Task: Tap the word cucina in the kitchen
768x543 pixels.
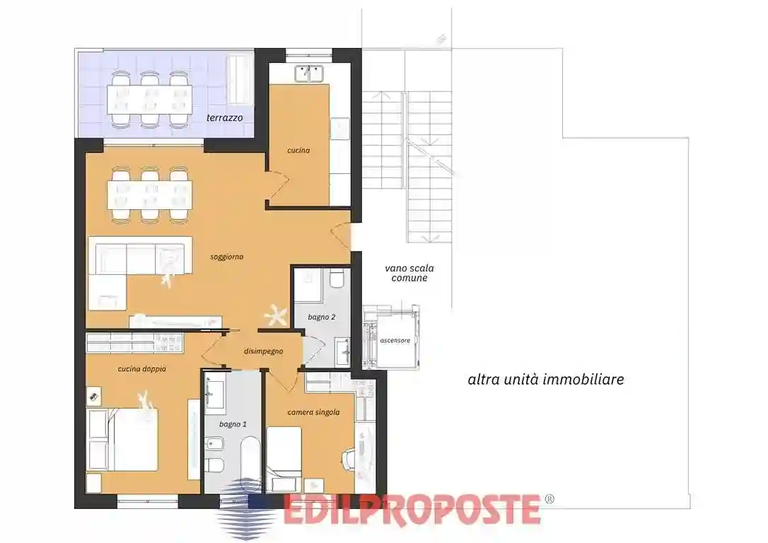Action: point(298,150)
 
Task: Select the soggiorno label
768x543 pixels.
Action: point(226,257)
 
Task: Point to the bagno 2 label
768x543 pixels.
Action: point(321,317)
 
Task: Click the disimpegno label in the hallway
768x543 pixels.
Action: point(264,351)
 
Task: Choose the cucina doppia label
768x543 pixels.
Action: point(141,368)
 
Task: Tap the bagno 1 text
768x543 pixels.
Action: point(233,424)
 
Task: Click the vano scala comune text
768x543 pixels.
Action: point(409,273)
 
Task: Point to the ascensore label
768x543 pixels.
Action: point(395,340)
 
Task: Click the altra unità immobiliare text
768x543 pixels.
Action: point(545,380)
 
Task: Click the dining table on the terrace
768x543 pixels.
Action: point(149,100)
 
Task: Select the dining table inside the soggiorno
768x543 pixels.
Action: point(149,195)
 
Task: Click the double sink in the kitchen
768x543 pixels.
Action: point(310,73)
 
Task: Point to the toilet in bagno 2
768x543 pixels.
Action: point(337,281)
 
